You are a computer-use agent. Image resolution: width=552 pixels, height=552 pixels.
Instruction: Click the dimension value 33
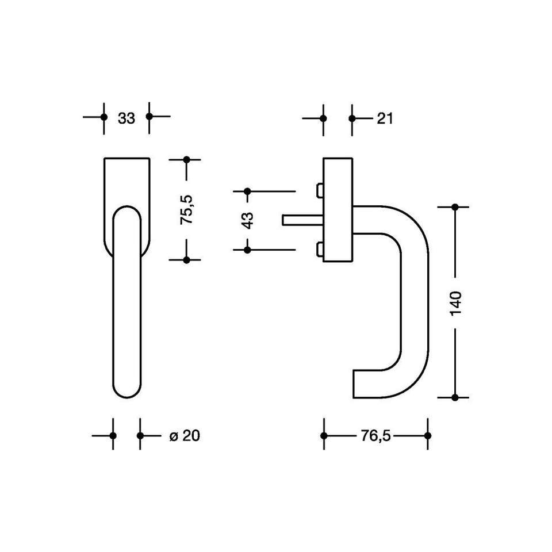[x=126, y=118]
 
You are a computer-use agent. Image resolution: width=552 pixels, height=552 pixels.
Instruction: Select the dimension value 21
[x=385, y=118]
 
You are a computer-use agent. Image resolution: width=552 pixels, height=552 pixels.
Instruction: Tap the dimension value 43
[x=248, y=220]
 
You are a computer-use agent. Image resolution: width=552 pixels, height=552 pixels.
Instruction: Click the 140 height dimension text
[x=455, y=303]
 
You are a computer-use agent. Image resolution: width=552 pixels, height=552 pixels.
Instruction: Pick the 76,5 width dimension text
[x=375, y=436]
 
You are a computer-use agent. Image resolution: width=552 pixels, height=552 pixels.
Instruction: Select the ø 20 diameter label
[x=185, y=436]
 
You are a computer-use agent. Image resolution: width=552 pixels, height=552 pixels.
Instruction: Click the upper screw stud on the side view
[x=319, y=190]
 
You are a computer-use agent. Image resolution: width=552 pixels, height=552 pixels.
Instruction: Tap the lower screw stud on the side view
[x=319, y=249]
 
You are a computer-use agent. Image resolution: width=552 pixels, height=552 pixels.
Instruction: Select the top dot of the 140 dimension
[x=455, y=206]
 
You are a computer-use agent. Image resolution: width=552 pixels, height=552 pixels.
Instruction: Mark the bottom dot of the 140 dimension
[x=455, y=397]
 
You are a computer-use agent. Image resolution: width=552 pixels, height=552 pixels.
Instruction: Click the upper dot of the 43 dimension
[x=248, y=191]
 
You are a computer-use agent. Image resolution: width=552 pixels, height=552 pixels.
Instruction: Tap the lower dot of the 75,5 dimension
[x=186, y=260]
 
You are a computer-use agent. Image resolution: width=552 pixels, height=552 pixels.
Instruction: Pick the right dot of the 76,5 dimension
[x=427, y=436]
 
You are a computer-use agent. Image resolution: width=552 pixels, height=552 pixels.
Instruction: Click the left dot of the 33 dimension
[x=104, y=117]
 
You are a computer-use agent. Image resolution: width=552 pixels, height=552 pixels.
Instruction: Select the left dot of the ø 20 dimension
[x=113, y=436]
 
